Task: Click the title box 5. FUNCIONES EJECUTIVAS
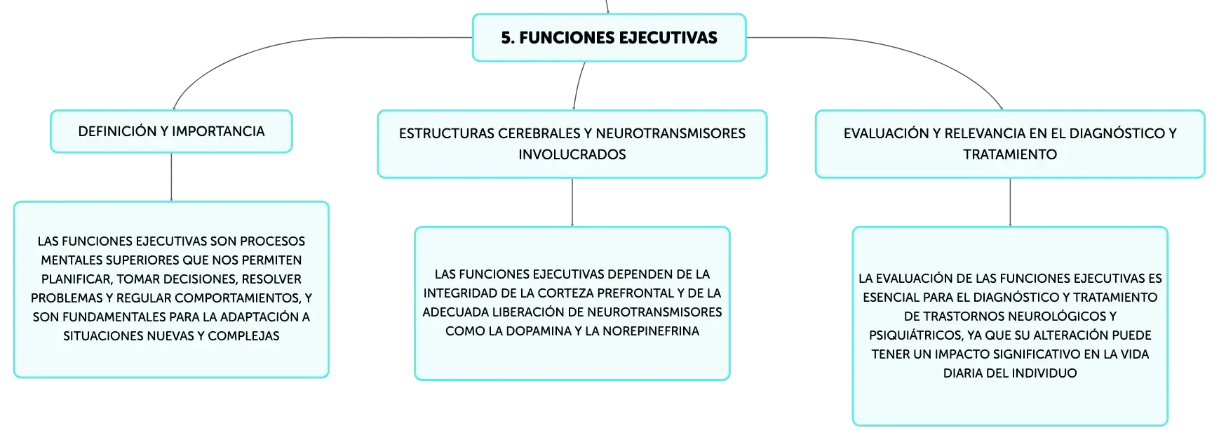[x=609, y=38]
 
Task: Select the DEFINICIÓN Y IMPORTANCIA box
[x=171, y=131]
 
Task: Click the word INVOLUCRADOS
[x=572, y=154]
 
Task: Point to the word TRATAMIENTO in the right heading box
[x=1010, y=154]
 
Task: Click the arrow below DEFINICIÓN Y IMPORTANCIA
[x=171, y=177]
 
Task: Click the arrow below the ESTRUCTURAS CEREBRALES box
[x=572, y=202]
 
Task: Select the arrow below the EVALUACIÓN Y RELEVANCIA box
[x=1010, y=202]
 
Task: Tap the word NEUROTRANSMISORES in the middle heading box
[x=671, y=133]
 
